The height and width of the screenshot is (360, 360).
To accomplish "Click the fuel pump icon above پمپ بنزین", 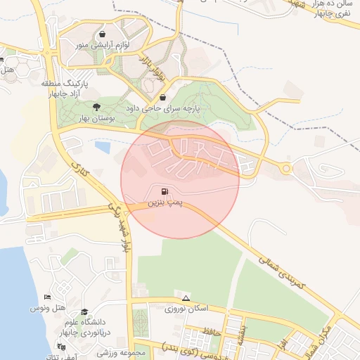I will click(164, 191).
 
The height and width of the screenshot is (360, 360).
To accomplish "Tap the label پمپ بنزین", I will click(164, 202).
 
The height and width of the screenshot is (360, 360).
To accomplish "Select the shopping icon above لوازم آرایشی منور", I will click(103, 34).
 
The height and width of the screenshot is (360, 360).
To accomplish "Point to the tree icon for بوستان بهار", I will click(97, 107).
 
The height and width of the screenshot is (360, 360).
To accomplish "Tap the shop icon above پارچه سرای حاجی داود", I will click(163, 98).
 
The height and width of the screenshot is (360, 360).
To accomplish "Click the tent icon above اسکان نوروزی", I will click(186, 297).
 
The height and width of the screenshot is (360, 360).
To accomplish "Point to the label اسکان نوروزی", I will click(185, 309).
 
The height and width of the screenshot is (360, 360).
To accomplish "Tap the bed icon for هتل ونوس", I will click(47, 299).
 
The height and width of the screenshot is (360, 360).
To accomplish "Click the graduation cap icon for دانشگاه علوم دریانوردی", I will click(85, 311).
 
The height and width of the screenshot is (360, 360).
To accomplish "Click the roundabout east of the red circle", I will click(286, 168).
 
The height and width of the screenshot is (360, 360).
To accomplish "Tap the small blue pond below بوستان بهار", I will click(103, 148).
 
